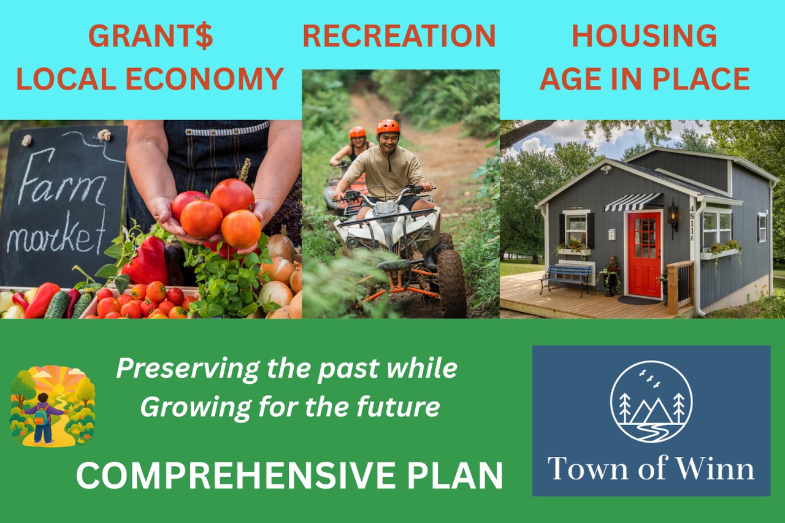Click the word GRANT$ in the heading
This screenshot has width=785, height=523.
[151, 36]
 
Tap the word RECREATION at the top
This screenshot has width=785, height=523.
[399, 36]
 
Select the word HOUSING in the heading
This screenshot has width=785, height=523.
[644, 36]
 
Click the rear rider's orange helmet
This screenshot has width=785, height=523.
[357, 132]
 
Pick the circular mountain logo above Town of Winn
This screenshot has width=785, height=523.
[651, 402]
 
